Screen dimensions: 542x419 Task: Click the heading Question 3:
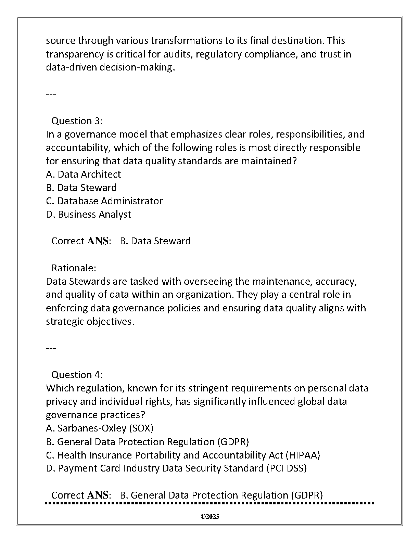(x=77, y=121)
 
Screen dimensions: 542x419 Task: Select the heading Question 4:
(x=77, y=375)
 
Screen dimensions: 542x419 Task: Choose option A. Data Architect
(x=83, y=174)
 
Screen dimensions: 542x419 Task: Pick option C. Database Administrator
(x=104, y=201)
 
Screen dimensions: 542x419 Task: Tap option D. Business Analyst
(x=88, y=214)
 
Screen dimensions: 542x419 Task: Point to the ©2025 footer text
(x=209, y=517)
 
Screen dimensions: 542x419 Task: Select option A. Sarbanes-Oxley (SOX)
(x=99, y=428)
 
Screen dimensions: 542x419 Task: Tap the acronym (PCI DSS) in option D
(x=286, y=468)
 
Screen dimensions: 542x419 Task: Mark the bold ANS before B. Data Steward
(x=98, y=241)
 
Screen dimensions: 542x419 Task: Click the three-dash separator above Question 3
(x=51, y=94)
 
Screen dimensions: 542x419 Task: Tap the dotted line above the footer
(x=209, y=503)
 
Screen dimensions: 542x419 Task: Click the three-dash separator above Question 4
(x=51, y=348)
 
